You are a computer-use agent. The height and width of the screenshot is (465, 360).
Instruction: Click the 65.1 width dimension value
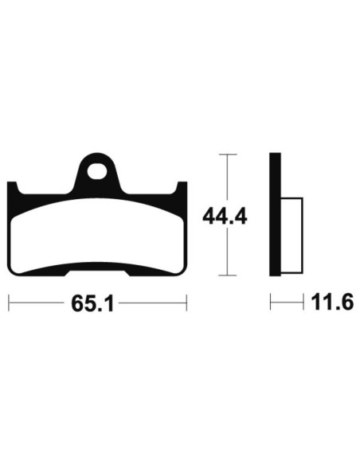[92, 303]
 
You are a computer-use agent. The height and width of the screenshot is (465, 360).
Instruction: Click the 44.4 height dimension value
[225, 217]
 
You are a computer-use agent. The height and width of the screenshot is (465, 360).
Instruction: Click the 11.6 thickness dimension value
[332, 303]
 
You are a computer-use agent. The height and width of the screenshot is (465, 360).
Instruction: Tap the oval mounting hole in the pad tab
[96, 171]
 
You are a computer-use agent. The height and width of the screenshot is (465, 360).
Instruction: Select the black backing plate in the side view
[275, 214]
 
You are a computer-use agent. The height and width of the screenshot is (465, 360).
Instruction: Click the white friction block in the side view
[292, 236]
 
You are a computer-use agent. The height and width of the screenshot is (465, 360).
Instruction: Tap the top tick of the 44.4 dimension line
[228, 154]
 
